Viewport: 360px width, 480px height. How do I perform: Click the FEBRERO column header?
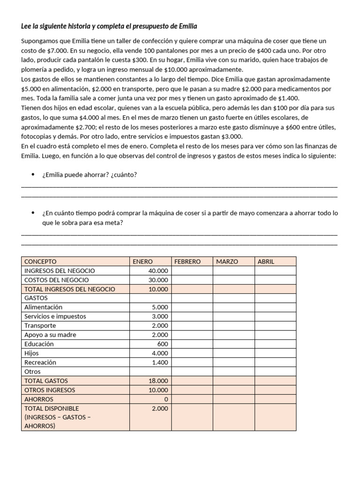click(x=187, y=262)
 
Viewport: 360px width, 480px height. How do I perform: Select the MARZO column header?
click(x=227, y=262)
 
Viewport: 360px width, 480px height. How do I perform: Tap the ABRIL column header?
click(x=266, y=262)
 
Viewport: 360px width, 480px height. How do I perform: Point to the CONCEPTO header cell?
click(x=40, y=262)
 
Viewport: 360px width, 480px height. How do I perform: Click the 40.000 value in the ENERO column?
click(x=158, y=271)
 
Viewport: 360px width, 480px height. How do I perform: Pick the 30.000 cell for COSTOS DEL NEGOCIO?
click(x=158, y=280)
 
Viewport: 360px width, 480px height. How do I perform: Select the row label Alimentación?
click(x=43, y=307)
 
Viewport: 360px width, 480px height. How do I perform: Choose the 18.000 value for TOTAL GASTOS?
click(x=158, y=381)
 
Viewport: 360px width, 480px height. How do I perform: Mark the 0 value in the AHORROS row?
click(x=166, y=399)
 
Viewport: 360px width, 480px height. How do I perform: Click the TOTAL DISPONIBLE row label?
click(x=52, y=408)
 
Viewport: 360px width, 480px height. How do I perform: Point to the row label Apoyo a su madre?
click(x=50, y=335)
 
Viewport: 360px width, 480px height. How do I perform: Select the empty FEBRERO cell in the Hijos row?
click(x=192, y=353)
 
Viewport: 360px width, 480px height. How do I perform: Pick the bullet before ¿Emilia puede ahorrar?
click(x=33, y=175)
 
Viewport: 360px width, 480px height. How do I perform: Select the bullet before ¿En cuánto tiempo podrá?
click(x=33, y=213)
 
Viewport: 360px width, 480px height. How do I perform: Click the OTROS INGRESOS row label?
click(x=50, y=390)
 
